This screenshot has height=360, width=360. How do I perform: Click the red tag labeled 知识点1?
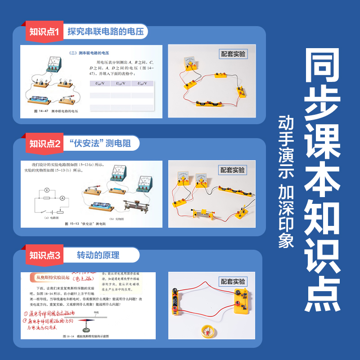(x=44, y=32)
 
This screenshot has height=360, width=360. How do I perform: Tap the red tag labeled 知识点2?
(x=44, y=144)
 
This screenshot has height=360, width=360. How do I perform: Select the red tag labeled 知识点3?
(x=44, y=256)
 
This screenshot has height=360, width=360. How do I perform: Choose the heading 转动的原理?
(x=98, y=256)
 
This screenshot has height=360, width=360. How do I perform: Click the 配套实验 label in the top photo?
(x=233, y=54)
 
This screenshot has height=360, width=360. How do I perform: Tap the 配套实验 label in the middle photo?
(x=233, y=170)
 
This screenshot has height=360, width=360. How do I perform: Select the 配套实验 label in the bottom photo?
(x=233, y=282)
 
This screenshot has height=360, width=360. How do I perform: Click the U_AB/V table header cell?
(x=97, y=84)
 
